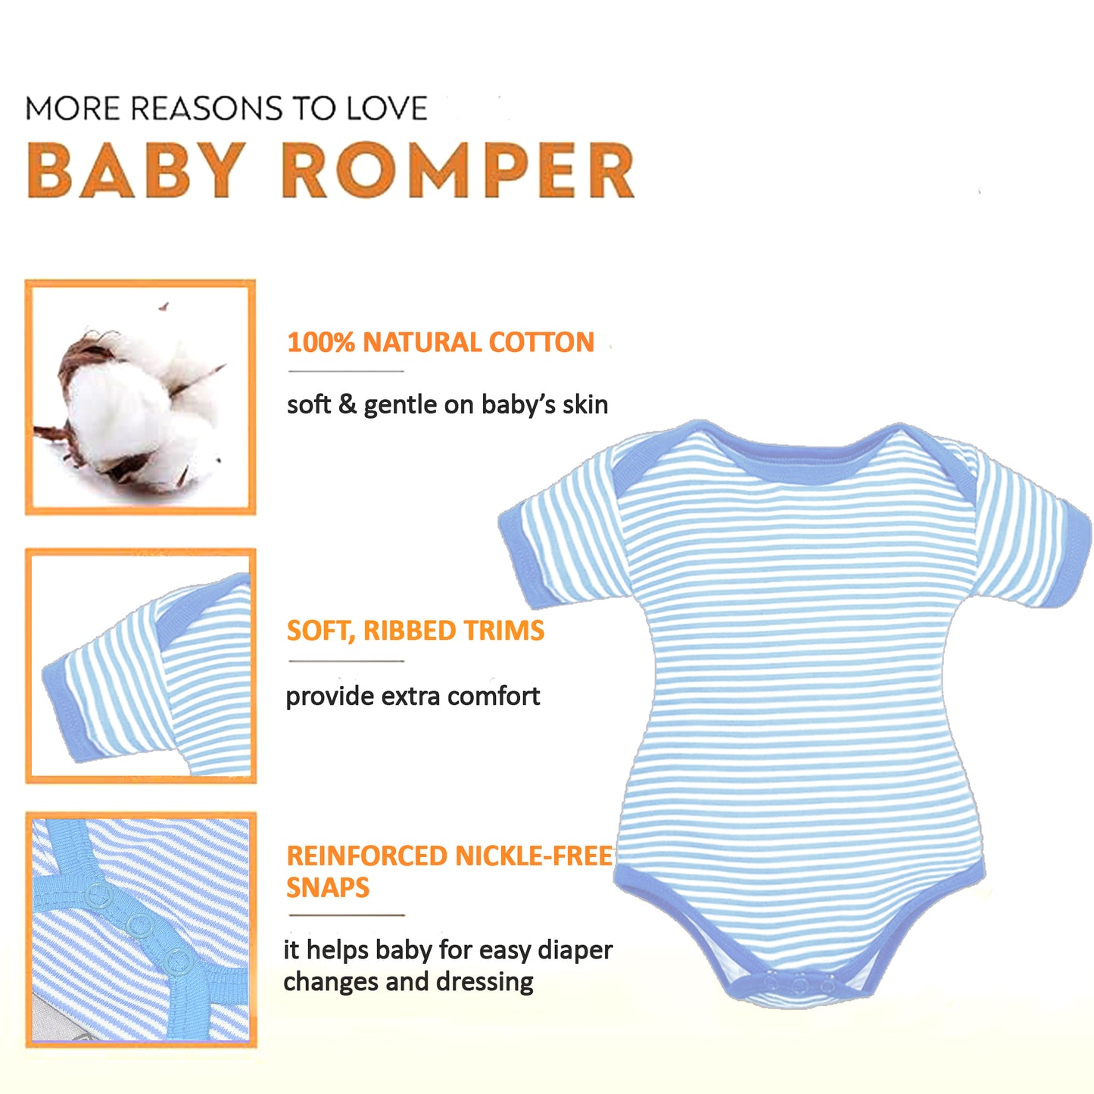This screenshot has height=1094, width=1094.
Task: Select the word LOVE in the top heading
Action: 387,108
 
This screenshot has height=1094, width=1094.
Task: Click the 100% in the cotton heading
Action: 321,342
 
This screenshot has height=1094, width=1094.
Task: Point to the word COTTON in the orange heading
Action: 541,342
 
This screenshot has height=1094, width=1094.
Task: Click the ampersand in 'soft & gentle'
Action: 348,404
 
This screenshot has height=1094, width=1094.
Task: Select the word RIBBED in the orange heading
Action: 411,631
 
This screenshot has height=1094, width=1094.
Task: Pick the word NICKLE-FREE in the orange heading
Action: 534,856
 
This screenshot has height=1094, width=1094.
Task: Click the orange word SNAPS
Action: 328,887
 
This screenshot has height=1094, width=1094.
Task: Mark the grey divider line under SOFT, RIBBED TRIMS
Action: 346,661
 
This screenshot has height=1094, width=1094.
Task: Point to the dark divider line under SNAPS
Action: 346,915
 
